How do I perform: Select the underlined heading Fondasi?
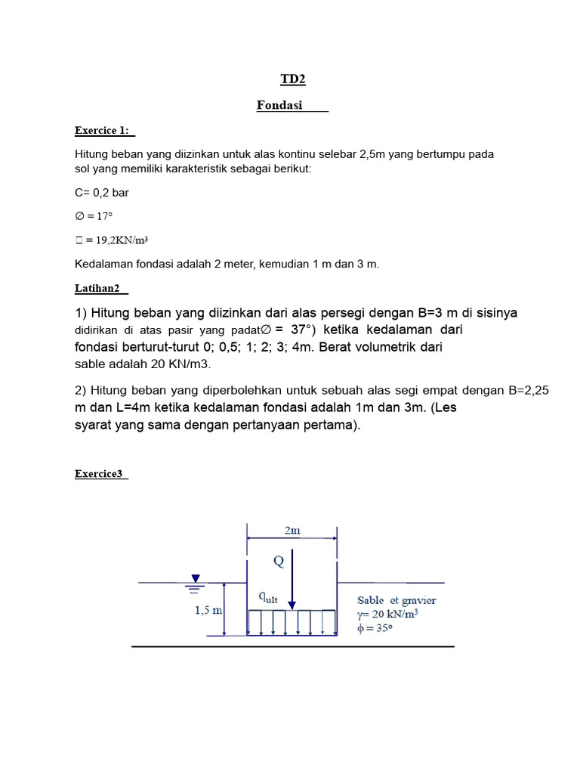[x=280, y=106]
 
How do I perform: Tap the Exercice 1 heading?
[x=100, y=130]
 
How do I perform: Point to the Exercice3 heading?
[x=99, y=474]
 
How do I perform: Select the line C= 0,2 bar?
[x=102, y=193]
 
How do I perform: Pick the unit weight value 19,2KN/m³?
[x=119, y=240]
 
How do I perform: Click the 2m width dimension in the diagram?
[x=292, y=531]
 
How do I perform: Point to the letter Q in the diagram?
[x=279, y=562]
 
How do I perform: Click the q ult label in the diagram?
[x=268, y=597]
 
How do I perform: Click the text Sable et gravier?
[x=396, y=601]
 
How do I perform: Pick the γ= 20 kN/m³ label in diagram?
[x=389, y=614]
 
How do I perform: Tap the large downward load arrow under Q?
[x=292, y=582]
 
